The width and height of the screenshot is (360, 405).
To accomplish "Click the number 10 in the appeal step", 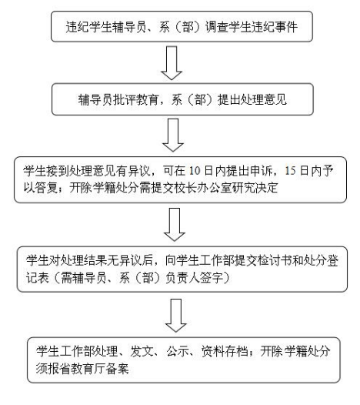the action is point(195,171).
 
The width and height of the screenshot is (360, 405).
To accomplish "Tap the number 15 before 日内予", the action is point(290,171).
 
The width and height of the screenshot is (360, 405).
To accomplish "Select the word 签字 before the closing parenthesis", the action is point(212,278).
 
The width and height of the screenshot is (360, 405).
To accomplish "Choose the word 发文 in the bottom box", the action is point(142,351).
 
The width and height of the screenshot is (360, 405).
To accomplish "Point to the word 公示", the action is point(178,351).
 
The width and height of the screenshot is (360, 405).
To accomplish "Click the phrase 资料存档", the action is point(225,351).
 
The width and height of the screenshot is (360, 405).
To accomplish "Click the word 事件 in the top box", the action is point(286,27).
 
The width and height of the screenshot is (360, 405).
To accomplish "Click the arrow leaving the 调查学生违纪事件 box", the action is point(172,63).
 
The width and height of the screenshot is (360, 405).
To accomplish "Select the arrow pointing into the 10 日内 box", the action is point(173,135).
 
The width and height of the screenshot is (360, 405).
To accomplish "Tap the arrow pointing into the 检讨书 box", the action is point(175,225).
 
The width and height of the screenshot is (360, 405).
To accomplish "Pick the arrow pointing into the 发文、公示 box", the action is point(175,316).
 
